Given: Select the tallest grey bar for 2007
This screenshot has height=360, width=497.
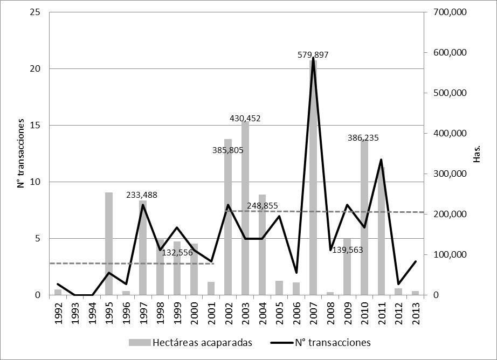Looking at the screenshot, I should point(313,178).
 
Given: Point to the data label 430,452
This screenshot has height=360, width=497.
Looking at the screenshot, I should point(245,119).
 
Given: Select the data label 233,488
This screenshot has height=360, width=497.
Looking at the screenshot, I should point(142,195).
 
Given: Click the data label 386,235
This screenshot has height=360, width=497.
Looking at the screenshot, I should point(363,138).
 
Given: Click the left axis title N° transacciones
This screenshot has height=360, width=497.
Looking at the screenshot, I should point(21,154).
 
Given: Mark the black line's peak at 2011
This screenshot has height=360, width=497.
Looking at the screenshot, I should point(381,160).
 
